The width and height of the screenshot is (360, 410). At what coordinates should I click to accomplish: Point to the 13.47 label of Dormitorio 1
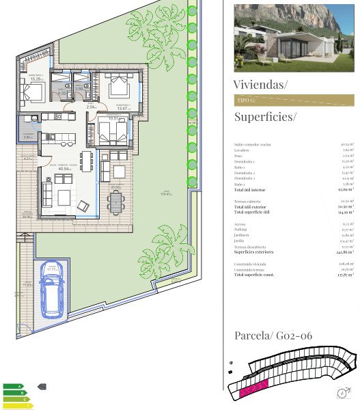click(x=123, y=108)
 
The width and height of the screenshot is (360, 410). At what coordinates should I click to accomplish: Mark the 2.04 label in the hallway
click(x=92, y=107)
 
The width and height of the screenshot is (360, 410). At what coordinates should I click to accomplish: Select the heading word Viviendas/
click(x=260, y=85)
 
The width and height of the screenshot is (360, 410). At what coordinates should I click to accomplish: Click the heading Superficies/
click(x=265, y=117)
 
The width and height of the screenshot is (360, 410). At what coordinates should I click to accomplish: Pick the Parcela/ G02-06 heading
click(x=273, y=336)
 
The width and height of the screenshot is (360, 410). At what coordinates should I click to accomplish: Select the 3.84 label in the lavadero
click(x=27, y=137)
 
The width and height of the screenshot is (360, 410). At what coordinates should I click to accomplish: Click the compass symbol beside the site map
click(x=341, y=393)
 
